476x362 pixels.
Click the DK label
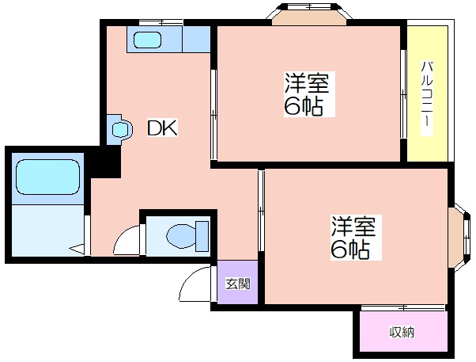point(162,128)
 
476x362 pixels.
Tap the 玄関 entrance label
point(238,284)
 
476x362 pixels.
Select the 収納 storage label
point(402,332)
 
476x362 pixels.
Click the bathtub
point(48,177)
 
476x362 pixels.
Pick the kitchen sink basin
point(147,40)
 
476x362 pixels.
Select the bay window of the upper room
point(309,13)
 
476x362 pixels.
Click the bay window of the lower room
point(461,238)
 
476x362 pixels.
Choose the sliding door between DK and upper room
point(213,115)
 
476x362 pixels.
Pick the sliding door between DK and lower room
point(261,211)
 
